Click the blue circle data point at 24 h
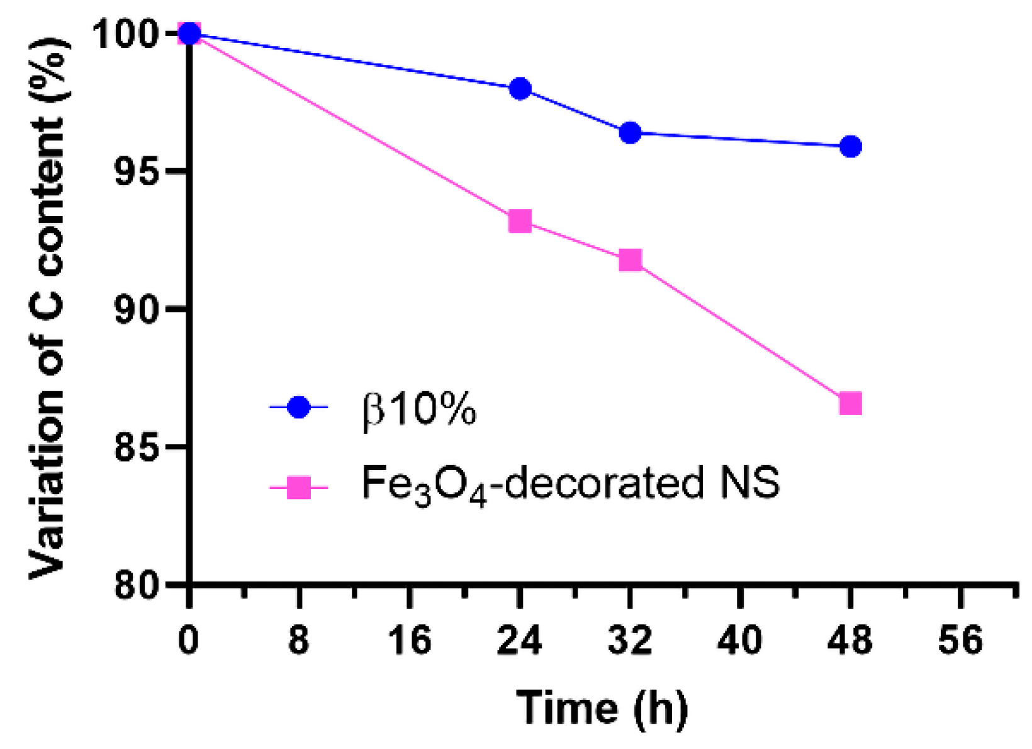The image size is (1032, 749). tap(520, 89)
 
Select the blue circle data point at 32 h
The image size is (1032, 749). tap(630, 133)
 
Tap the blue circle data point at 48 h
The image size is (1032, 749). tap(850, 147)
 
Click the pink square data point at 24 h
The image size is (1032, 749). tap(520, 221)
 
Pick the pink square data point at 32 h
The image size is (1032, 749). tap(630, 260)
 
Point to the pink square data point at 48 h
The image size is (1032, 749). tap(850, 403)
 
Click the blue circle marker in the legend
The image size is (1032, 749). tap(299, 408)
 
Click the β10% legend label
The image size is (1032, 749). tap(419, 410)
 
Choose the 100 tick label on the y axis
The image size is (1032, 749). tap(125, 33)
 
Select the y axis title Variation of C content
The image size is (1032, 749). tap(48, 309)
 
